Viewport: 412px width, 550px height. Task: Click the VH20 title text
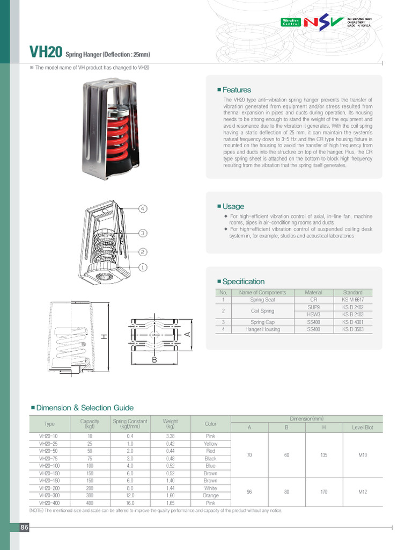tap(46, 52)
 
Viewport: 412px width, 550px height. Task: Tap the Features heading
tap(236, 90)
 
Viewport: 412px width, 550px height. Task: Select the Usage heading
tap(233, 206)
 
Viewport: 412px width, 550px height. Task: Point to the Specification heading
tap(243, 281)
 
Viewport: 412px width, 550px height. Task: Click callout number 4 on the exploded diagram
tap(143, 208)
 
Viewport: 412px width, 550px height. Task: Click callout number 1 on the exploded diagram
tap(143, 267)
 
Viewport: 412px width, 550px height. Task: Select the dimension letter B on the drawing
tap(154, 360)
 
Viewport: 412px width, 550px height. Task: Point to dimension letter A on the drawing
tap(187, 334)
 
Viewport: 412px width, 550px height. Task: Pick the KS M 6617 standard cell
tap(352, 300)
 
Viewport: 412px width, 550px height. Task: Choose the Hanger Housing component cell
tap(262, 329)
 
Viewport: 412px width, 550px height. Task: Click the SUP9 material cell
tap(313, 307)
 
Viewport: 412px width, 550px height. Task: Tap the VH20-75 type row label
tap(49, 459)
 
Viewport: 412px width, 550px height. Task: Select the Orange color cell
tap(210, 496)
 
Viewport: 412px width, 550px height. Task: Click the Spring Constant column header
tap(130, 424)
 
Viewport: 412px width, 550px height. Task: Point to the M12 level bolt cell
tap(362, 492)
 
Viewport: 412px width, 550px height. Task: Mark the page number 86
tap(24, 527)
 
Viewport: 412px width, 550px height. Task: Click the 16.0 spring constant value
tap(130, 503)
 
